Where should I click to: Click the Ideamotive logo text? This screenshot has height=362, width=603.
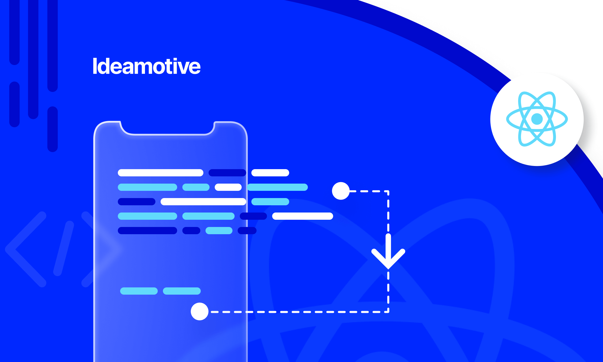tap(146, 67)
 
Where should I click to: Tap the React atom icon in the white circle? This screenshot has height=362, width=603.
tap(537, 119)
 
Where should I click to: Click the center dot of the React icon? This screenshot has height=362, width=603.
tap(537, 119)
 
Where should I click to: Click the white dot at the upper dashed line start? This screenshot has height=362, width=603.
tap(341, 191)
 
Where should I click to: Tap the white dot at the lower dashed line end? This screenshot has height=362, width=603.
tap(200, 311)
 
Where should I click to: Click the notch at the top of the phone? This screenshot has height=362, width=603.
tap(167, 129)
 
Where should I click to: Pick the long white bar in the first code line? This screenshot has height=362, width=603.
tap(161, 173)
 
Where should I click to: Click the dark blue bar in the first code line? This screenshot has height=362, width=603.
tap(227, 173)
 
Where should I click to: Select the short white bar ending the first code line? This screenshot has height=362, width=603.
tap(270, 173)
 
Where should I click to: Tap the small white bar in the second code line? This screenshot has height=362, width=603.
tap(228, 187)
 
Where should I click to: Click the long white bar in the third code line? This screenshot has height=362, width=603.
tap(203, 202)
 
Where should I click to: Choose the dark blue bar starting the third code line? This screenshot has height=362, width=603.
tap(137, 202)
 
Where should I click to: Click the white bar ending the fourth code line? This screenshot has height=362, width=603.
tap(303, 216)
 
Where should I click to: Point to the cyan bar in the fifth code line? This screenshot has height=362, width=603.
tap(219, 230)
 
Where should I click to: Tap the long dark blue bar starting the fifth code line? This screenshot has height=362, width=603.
tap(147, 230)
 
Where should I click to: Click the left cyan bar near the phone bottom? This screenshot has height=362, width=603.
tap(139, 291)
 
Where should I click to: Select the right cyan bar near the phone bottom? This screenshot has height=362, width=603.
tap(182, 291)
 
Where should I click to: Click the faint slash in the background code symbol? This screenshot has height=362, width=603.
tap(64, 249)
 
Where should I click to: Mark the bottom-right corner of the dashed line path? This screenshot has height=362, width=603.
tap(388, 312)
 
